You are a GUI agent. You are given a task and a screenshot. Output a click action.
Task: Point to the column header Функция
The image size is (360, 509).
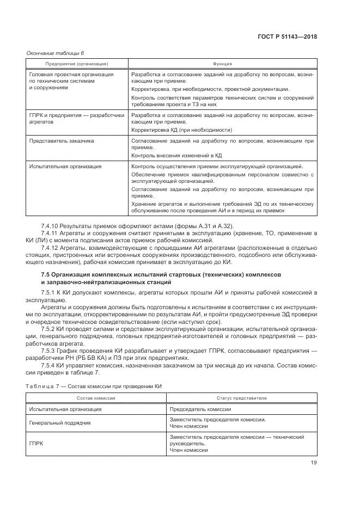pos(223,63)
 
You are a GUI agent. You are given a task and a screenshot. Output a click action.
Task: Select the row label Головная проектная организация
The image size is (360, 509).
pos(71,74)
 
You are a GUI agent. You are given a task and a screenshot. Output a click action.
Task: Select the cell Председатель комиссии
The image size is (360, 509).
pos(200,409)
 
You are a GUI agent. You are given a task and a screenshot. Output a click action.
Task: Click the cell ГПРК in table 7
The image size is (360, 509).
pos(35,444)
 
